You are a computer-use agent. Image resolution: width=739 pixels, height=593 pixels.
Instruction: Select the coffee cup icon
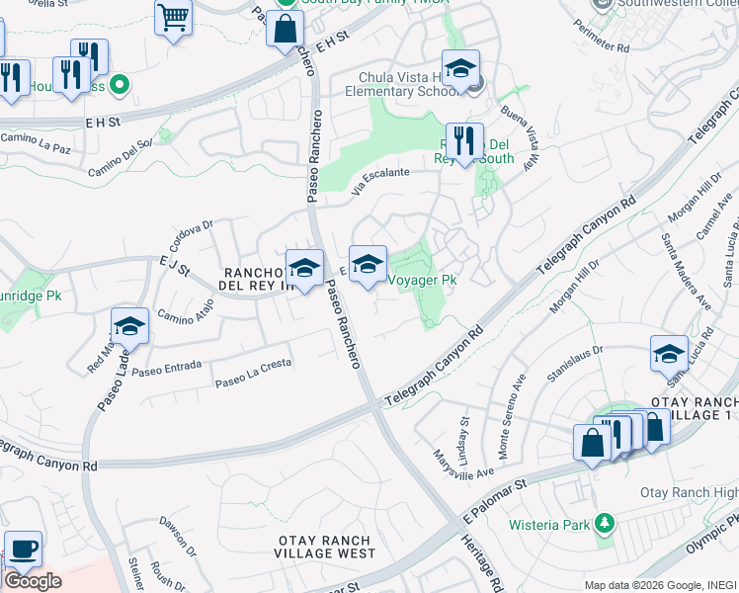pos(23,549)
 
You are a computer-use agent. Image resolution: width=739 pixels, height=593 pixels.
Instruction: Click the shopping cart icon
pos(173,18)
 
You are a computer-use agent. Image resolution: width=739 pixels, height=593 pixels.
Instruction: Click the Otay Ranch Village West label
pos(325,548)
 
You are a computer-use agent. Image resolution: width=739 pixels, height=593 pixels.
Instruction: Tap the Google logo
pos(32,581)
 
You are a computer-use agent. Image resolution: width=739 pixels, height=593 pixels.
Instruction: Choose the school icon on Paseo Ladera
pos(129,326)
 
